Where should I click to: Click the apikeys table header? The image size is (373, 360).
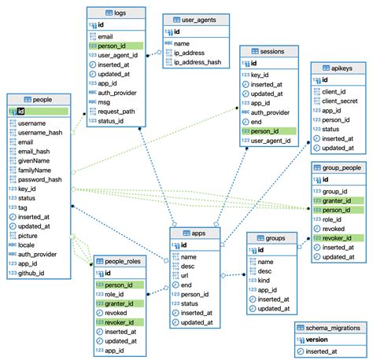point(338,68)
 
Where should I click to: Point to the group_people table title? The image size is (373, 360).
point(340,168)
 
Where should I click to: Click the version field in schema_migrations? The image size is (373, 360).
point(319,340)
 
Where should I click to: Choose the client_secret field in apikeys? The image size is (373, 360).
point(342,101)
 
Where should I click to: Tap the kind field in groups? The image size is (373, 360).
point(266,280)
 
